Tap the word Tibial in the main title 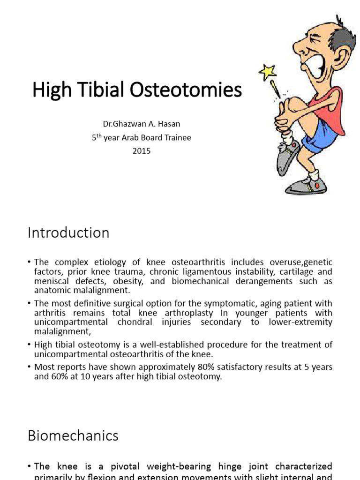click(101, 90)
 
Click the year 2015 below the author click(142, 151)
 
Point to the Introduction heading click(68, 233)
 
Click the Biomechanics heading click(73, 435)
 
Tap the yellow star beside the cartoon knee click(268, 72)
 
